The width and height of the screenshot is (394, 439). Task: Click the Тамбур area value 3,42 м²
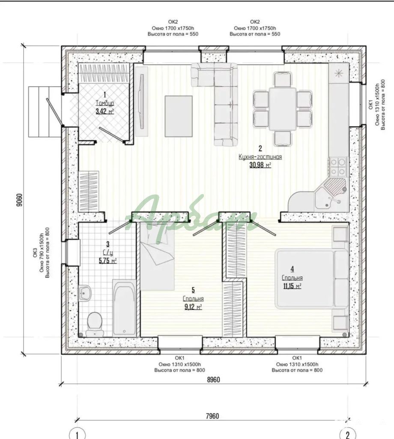tap(105, 111)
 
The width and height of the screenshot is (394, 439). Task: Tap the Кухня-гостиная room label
tap(260, 157)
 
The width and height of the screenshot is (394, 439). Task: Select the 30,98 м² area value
tap(260, 165)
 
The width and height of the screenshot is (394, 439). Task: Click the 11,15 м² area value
tap(292, 286)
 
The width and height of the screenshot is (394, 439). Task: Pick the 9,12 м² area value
tap(193, 307)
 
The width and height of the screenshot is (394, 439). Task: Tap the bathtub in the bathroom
tap(125, 308)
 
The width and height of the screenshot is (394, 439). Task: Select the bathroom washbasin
tap(85, 293)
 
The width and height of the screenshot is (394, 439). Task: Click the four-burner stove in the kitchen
tap(338, 166)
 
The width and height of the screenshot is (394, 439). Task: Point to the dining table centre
tap(283, 109)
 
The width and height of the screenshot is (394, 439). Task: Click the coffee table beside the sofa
tap(179, 116)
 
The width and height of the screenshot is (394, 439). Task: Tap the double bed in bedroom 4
tap(312, 280)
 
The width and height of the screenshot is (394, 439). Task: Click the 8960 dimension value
tap(213, 380)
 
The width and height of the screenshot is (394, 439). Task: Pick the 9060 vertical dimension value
tap(19, 200)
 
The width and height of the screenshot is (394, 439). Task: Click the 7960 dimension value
tap(212, 416)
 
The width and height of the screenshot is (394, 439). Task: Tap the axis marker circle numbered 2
tap(348, 435)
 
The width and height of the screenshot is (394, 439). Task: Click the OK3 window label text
tap(36, 254)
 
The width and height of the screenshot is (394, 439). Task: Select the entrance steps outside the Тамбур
tap(45, 112)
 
